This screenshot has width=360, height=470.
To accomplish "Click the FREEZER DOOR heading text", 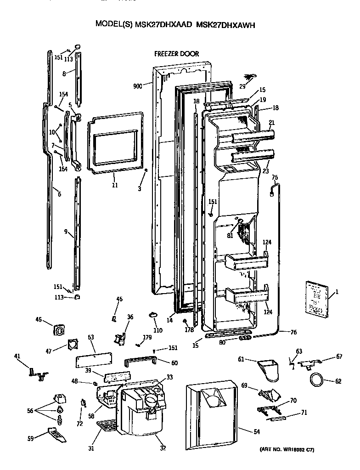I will pos(176,54).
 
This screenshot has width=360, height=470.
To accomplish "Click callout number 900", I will pos(137,86).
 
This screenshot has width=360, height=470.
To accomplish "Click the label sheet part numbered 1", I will pos(316,299).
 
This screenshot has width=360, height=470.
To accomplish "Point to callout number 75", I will pos(275,177).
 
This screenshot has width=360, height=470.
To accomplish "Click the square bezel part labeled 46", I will pos(59,329).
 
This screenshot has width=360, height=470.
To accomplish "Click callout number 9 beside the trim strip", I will pos(66,232).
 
